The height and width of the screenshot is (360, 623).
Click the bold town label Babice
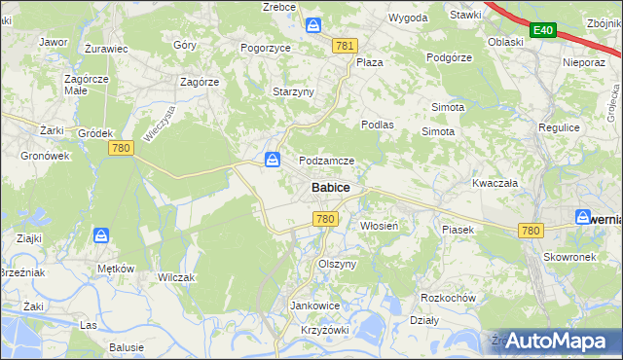331,188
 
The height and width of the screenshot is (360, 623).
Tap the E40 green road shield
543,32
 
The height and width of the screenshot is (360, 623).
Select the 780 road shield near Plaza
344,46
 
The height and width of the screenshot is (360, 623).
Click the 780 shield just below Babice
326,220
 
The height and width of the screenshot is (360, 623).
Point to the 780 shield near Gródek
122,148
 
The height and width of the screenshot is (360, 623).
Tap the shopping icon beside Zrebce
312,24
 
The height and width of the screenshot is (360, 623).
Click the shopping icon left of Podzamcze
274,159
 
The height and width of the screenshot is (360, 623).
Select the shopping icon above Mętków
101,235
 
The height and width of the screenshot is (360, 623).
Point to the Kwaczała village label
493,183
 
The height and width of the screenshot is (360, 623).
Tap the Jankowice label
315,306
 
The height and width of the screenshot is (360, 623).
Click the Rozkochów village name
447,298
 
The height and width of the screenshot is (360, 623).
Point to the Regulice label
560,127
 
